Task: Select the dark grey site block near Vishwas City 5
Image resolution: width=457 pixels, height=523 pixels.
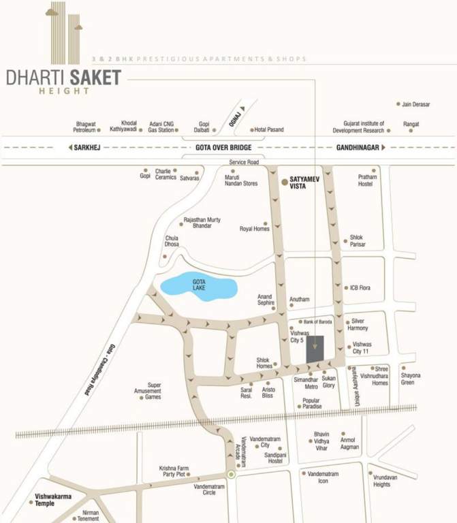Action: pyautogui.click(x=315, y=349)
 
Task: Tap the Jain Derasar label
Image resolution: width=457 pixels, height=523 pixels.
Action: pyautogui.click(x=416, y=104)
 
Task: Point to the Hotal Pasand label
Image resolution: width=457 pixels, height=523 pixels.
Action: pyautogui.click(x=268, y=129)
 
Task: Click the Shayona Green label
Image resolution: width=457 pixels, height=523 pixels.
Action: pyautogui.click(x=411, y=379)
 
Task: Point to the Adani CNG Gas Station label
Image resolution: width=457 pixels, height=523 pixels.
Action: pyautogui.click(x=156, y=126)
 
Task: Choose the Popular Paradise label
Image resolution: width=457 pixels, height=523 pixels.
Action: pyautogui.click(x=311, y=404)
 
